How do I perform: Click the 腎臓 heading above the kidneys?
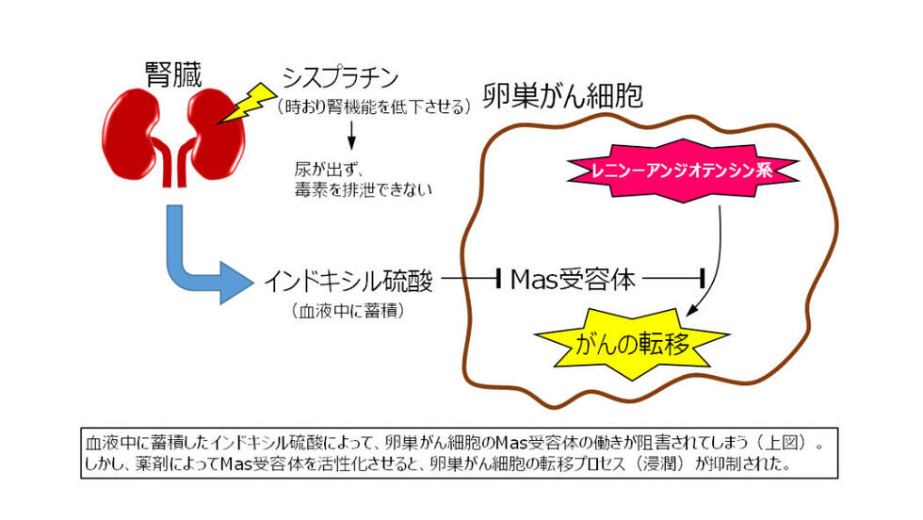point(173,74)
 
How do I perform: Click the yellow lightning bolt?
point(247,104)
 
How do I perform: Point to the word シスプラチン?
point(340,77)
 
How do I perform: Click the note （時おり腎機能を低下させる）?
point(375,106)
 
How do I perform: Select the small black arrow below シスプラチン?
point(351,135)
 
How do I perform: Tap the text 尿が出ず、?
point(330,170)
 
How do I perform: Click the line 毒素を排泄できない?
point(364,189)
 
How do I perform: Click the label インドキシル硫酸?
point(348,281)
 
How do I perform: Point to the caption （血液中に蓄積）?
point(348,310)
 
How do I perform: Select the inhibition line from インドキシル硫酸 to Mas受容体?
point(471,278)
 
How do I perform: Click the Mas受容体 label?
point(573,279)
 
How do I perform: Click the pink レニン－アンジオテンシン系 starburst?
point(682,171)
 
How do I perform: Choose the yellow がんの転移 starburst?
point(632,343)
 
